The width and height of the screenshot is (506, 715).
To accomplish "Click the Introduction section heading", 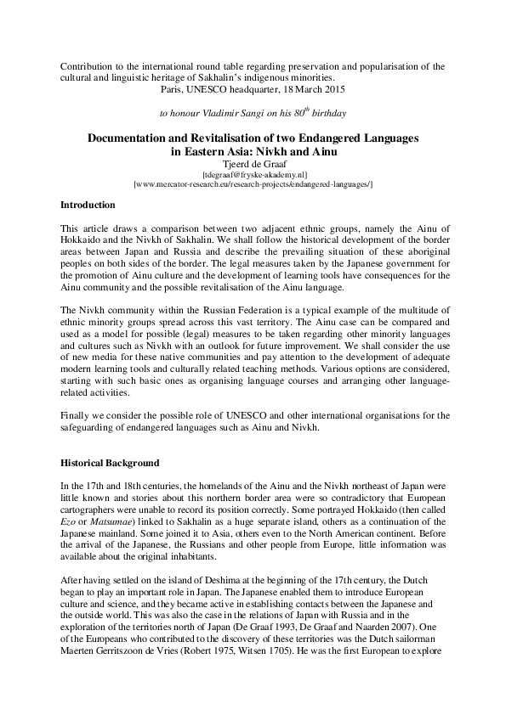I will [x=89, y=205].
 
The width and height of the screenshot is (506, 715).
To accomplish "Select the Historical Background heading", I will [x=110, y=463].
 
